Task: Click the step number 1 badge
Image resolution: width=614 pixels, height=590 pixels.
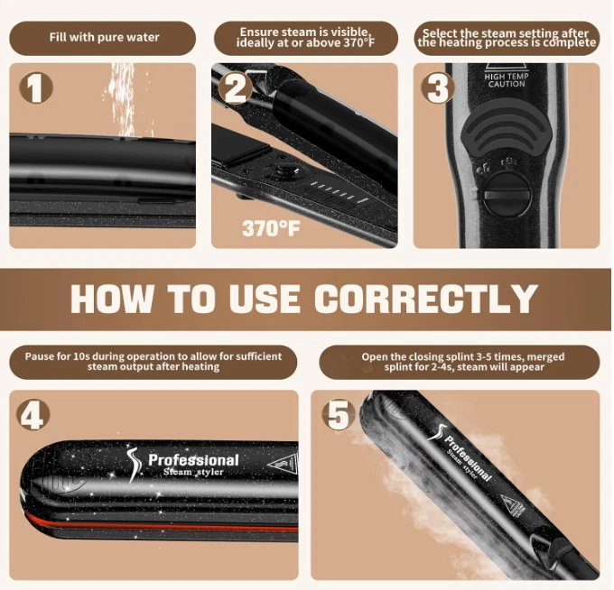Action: pyautogui.click(x=35, y=88)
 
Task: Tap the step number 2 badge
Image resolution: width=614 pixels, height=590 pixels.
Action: pyautogui.click(x=235, y=88)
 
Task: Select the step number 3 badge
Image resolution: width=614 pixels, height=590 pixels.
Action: pyautogui.click(x=437, y=88)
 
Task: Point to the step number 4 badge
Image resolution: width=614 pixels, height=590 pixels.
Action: pyautogui.click(x=33, y=414)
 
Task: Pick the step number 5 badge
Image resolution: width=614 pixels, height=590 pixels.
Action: pyautogui.click(x=339, y=415)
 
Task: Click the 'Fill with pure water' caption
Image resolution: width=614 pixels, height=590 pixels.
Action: pyautogui.click(x=104, y=37)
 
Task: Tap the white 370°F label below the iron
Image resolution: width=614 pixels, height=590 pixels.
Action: pyautogui.click(x=271, y=228)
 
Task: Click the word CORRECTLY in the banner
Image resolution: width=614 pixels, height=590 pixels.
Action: pyautogui.click(x=426, y=298)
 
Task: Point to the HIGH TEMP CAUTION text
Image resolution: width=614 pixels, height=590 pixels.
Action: pyautogui.click(x=507, y=79)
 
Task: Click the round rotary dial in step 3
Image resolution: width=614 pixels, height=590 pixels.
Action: pyautogui.click(x=507, y=195)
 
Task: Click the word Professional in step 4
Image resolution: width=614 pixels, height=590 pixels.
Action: pyautogui.click(x=193, y=460)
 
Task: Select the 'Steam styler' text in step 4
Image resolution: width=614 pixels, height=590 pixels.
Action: pyautogui.click(x=193, y=472)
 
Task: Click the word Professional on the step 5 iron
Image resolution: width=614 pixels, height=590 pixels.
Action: pyautogui.click(x=468, y=458)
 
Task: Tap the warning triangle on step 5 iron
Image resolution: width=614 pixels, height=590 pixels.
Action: pyautogui.click(x=513, y=507)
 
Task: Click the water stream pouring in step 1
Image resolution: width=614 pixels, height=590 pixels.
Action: pyautogui.click(x=123, y=100)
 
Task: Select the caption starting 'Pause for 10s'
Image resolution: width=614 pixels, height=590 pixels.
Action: pyautogui.click(x=153, y=362)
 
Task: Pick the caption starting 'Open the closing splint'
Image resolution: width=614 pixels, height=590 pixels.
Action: pyautogui.click(x=463, y=362)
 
